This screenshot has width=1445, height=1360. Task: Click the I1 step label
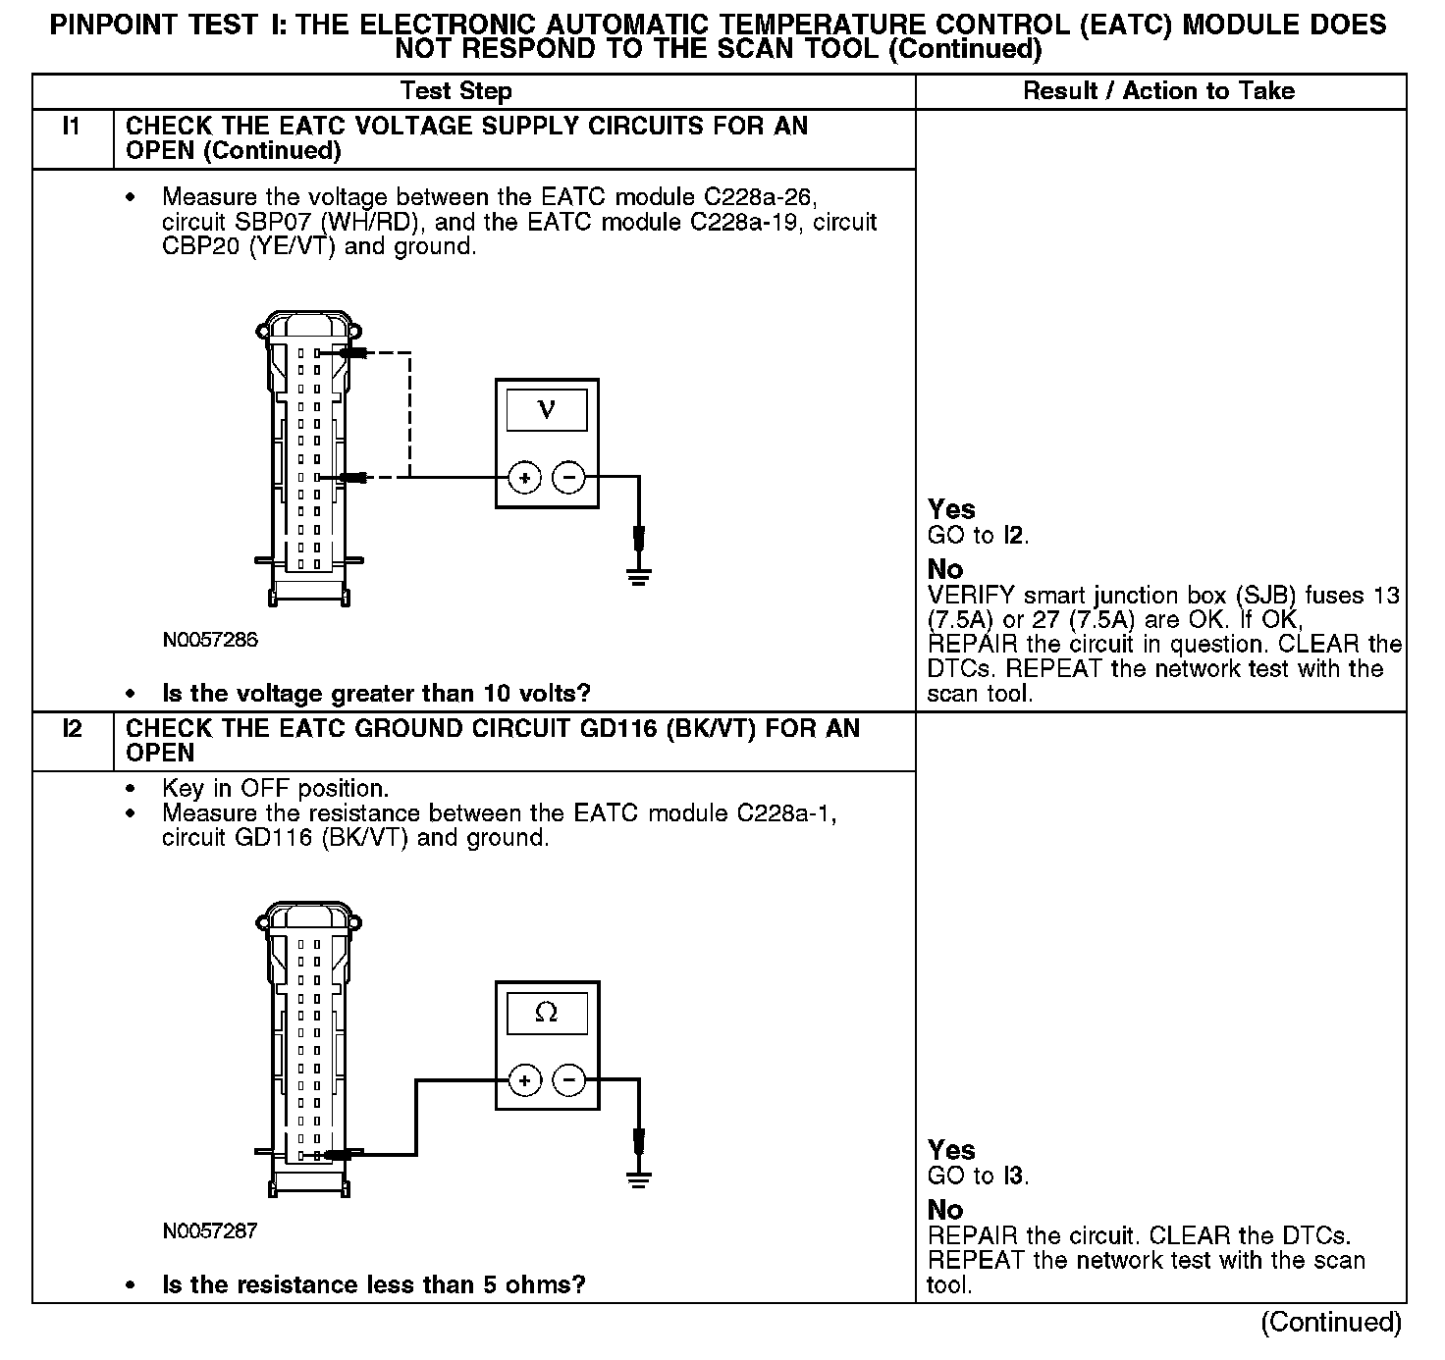tap(71, 127)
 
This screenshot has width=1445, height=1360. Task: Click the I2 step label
tap(71, 729)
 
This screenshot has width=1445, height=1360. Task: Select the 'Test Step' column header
tap(456, 91)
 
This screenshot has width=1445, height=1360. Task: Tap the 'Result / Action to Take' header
tap(1158, 91)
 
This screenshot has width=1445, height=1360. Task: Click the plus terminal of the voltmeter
tap(525, 478)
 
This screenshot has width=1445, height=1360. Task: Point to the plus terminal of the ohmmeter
tap(525, 1080)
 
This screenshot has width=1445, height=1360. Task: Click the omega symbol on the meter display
tap(547, 1013)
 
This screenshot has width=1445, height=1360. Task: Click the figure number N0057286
tap(210, 641)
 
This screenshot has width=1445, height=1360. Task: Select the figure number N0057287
tap(210, 1230)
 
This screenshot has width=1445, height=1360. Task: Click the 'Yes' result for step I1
tap(951, 509)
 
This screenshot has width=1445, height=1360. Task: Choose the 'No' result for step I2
tap(945, 1210)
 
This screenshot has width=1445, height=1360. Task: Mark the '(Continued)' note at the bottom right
tap(1331, 1322)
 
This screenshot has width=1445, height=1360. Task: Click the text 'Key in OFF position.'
tap(275, 789)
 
